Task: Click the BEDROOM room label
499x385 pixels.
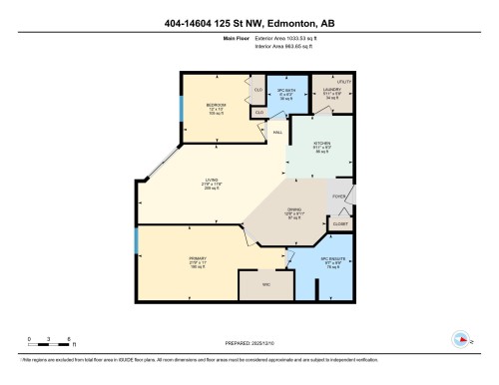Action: [x=215, y=105]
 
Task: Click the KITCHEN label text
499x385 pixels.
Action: [x=322, y=143]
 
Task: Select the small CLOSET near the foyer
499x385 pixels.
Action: [x=339, y=224]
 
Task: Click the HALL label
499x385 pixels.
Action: [x=278, y=132]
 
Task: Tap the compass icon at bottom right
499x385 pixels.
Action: [x=462, y=337]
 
